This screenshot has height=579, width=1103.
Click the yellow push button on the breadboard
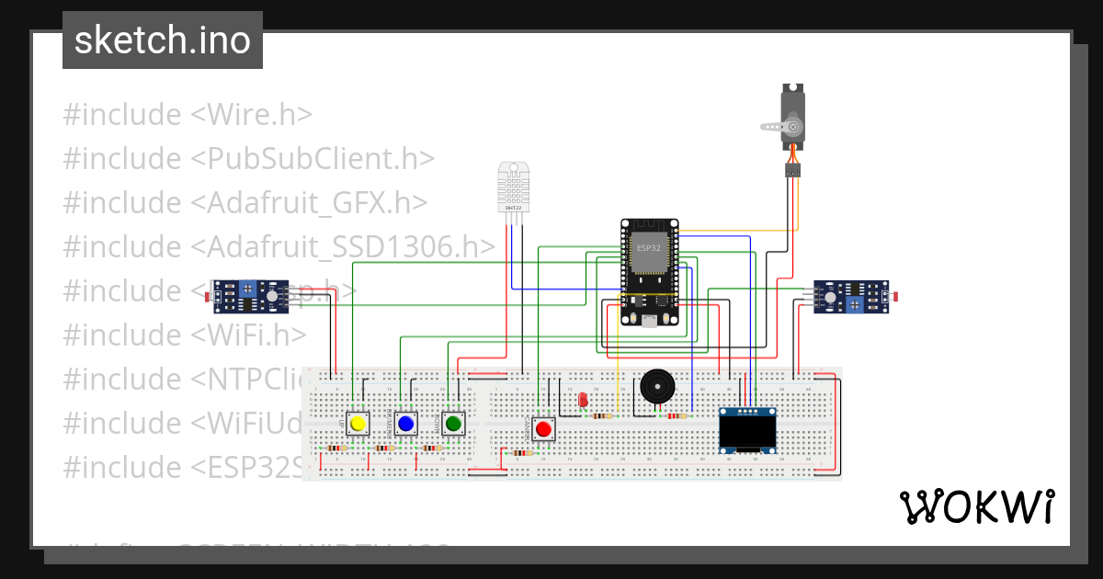(358, 424)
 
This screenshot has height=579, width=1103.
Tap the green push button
(452, 424)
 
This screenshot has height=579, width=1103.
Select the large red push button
(543, 429)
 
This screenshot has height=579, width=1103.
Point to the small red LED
(583, 400)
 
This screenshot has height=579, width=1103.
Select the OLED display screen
(747, 430)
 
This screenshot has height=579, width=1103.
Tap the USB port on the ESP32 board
(650, 321)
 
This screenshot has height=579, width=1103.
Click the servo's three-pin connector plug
(792, 170)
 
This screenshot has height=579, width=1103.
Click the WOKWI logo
(976, 506)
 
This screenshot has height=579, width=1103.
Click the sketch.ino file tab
(163, 40)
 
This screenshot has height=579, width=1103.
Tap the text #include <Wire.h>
(188, 115)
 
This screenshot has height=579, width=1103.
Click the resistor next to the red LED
(602, 415)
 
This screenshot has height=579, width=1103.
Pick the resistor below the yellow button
(337, 448)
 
